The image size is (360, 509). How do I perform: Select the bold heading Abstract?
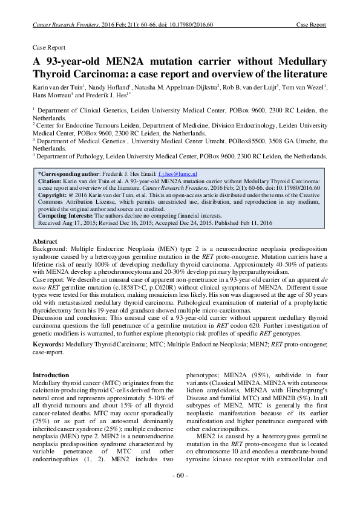(45, 241)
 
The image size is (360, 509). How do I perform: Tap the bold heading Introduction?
(51, 375)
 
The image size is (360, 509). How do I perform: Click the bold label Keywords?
(51, 344)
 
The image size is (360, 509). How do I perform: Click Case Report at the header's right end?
(311, 25)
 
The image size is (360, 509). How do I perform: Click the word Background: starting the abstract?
(50, 248)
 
